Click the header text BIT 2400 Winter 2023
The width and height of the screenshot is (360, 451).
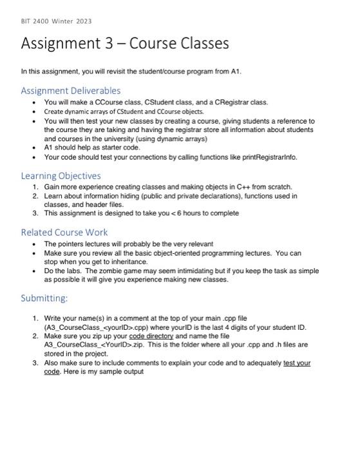click(56, 21)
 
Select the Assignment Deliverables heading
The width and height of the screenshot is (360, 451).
click(71, 90)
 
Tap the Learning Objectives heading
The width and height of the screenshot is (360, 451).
click(61, 175)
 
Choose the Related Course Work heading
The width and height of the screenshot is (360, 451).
click(64, 232)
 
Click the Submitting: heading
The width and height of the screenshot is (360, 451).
click(44, 298)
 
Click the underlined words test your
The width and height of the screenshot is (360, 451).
click(297, 363)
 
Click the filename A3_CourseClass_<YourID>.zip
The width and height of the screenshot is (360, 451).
click(88, 345)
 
